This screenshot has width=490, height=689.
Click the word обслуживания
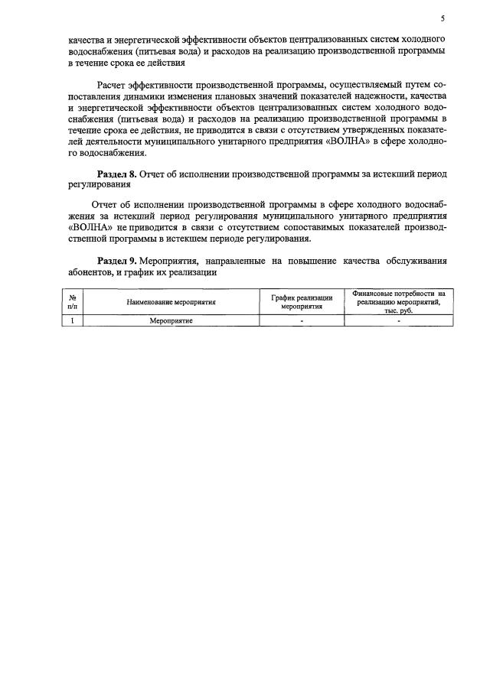pos(420,261)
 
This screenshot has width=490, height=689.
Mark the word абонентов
pos(90,272)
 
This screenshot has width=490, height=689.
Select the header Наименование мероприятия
pos(171,302)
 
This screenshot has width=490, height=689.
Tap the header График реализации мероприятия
pos(302,302)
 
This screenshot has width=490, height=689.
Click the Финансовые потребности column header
pos(398,302)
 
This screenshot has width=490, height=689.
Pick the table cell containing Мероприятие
pos(171,321)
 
